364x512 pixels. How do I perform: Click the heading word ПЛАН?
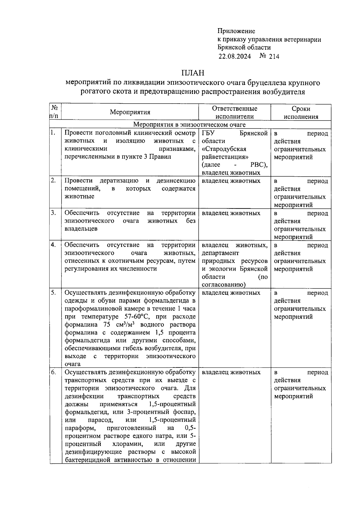pos(193,73)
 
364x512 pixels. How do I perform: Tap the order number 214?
pos(274,56)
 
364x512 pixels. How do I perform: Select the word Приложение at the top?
pos(236,31)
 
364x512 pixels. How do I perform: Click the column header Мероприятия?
pos(130,112)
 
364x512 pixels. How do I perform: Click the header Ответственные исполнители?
pos(234,112)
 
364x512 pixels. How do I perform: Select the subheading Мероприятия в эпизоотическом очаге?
pos(190,125)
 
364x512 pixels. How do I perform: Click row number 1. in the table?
pos(53,132)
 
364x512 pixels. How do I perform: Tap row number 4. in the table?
pos(53,245)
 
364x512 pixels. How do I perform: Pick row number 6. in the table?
pos(53,372)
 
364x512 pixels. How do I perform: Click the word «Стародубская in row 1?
pos(224,149)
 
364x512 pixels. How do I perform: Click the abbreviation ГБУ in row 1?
pos(208,133)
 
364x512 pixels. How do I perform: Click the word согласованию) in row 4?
pos(223,285)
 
